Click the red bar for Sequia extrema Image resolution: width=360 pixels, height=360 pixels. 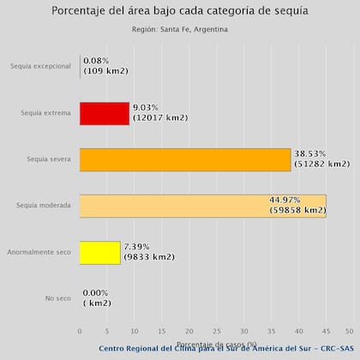tap(104, 113)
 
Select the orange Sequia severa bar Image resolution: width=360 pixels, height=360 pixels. tap(184, 159)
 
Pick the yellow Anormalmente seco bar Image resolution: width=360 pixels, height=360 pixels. tap(99, 252)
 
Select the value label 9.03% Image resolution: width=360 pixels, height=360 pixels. tap(147, 108)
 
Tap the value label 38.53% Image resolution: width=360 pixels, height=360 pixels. tap(309, 153)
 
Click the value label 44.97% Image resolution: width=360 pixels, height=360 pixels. tap(286, 200)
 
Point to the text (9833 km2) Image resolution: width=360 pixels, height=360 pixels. tap(149, 256)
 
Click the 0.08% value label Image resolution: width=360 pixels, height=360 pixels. tap(96, 61)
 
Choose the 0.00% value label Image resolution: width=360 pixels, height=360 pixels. tap(96, 292)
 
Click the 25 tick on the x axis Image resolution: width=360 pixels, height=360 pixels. tap(214, 330)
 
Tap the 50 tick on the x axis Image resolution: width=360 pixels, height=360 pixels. tap(349, 330)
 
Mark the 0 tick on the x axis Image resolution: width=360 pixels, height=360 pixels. tap(80, 330)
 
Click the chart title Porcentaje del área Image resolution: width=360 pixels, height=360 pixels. tap(180, 11)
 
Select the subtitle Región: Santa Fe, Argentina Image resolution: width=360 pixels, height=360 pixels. tap(180, 29)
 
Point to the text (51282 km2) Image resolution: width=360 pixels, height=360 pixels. tap(321, 164)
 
